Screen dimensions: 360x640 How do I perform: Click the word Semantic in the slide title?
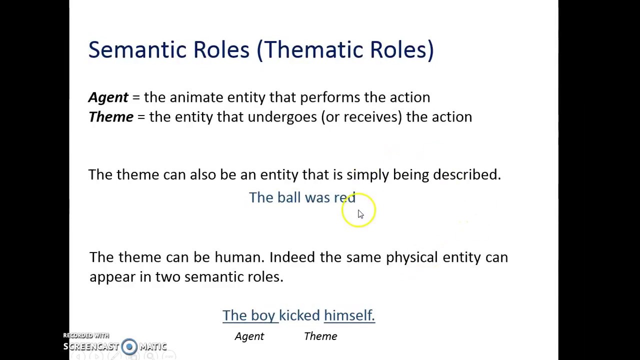point(137,50)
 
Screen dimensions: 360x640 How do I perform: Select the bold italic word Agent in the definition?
point(108,97)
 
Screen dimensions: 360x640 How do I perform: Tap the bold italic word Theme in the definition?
point(111,117)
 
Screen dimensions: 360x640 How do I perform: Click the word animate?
point(196,97)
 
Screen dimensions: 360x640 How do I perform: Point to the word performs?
point(329,97)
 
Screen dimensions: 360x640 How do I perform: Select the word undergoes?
point(282,117)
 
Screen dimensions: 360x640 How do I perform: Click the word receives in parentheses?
point(370,117)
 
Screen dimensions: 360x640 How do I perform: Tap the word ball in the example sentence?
point(289,197)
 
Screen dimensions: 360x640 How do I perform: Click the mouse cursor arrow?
point(360,214)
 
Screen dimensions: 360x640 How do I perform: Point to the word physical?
point(411,257)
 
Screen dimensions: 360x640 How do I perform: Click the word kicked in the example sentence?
point(299,315)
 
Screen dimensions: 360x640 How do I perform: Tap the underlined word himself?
point(349,315)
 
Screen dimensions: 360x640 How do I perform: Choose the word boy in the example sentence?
point(263,315)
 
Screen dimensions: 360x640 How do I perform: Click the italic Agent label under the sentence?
point(249,336)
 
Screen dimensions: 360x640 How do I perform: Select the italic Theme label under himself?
point(320,336)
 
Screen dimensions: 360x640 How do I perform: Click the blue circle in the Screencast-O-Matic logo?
point(129,346)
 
